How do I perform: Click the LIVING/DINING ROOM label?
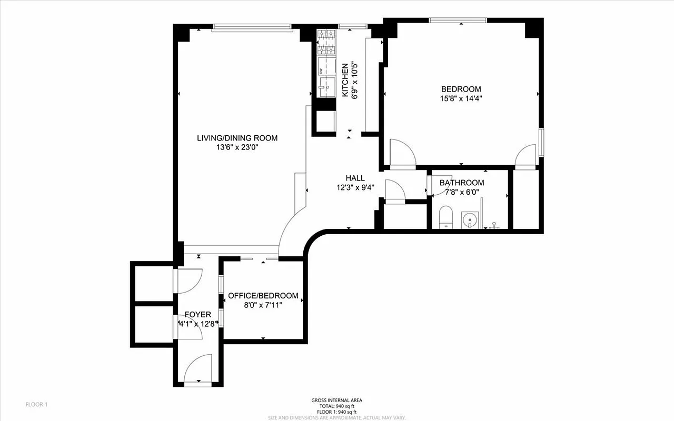pyautogui.click(x=237, y=138)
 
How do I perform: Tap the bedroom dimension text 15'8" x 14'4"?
pyautogui.click(x=461, y=98)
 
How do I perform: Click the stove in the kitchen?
pyautogui.click(x=326, y=43)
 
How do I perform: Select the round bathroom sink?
pyautogui.click(x=469, y=218)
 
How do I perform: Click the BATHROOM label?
pyautogui.click(x=462, y=183)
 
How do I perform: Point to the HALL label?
pyautogui.click(x=355, y=178)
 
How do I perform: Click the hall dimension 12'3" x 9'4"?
pyautogui.click(x=355, y=187)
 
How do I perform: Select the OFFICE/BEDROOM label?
pyautogui.click(x=263, y=296)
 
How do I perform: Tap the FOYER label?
pyautogui.click(x=197, y=315)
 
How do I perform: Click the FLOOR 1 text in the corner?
pyautogui.click(x=37, y=405)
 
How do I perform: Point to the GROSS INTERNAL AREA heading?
pyautogui.click(x=336, y=400)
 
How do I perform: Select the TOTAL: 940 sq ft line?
pyautogui.click(x=336, y=406)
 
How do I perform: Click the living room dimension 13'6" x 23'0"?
pyautogui.click(x=237, y=147)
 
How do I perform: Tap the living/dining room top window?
pyautogui.click(x=252, y=27)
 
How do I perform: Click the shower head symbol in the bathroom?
pyautogui.click(x=494, y=225)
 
